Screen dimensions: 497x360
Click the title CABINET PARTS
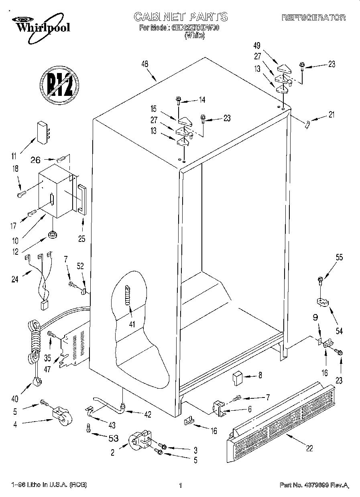click(x=180, y=16)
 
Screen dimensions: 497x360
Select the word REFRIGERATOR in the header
click(x=313, y=17)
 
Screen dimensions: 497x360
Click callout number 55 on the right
click(x=339, y=258)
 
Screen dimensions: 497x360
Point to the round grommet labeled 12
click(x=52, y=234)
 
